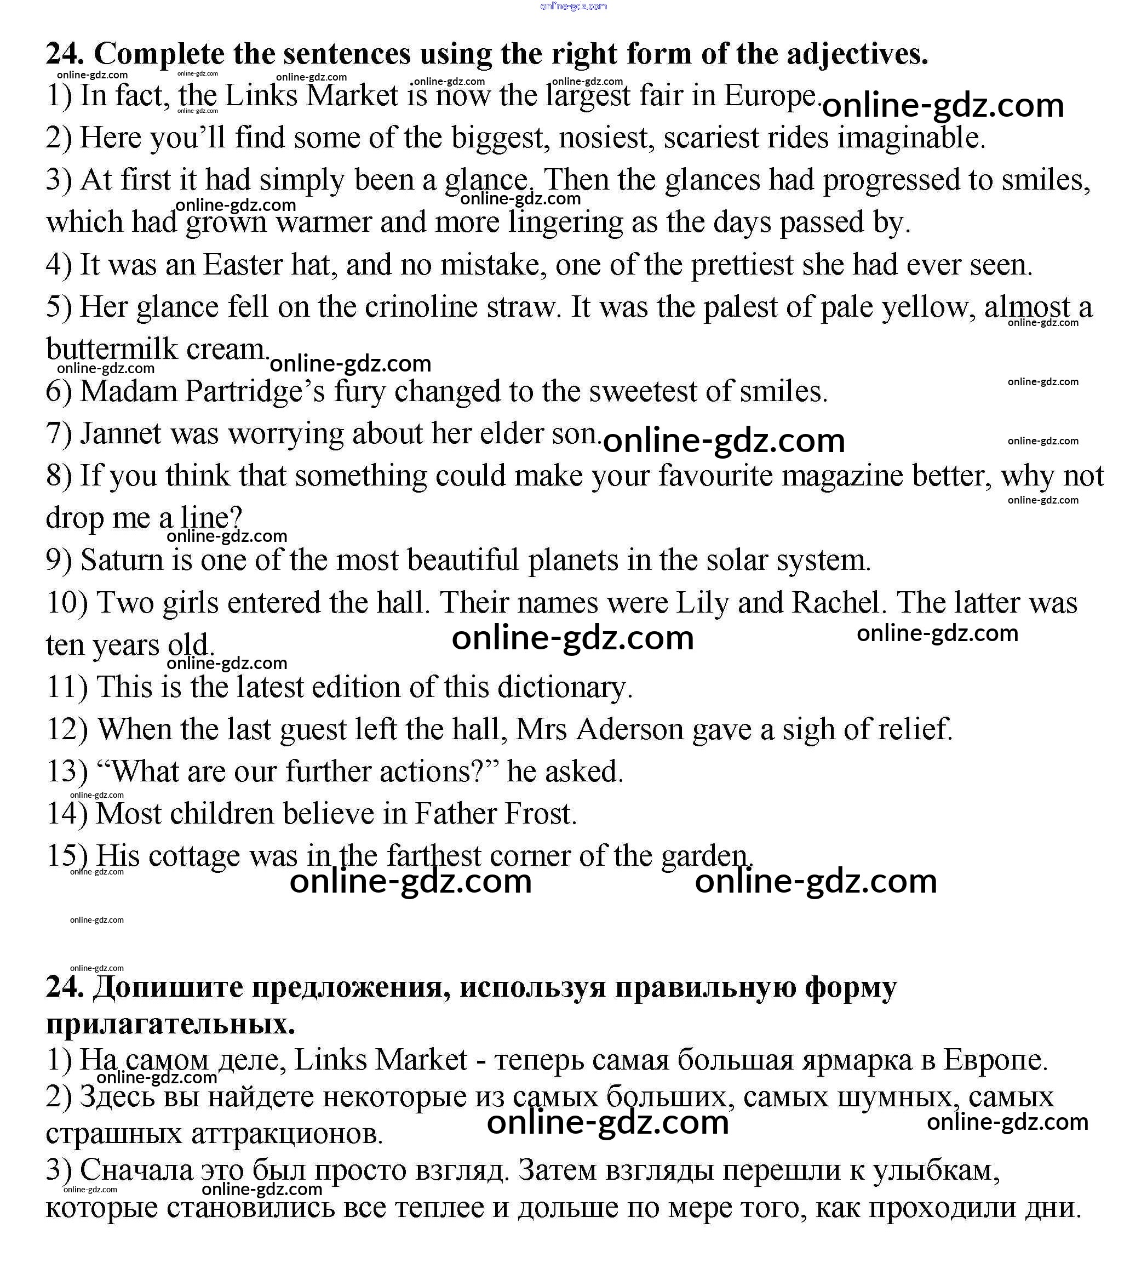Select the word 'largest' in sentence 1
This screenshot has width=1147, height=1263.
[x=588, y=96]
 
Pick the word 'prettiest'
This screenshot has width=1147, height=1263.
[x=742, y=265]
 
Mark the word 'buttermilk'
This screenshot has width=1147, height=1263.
[x=112, y=349]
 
